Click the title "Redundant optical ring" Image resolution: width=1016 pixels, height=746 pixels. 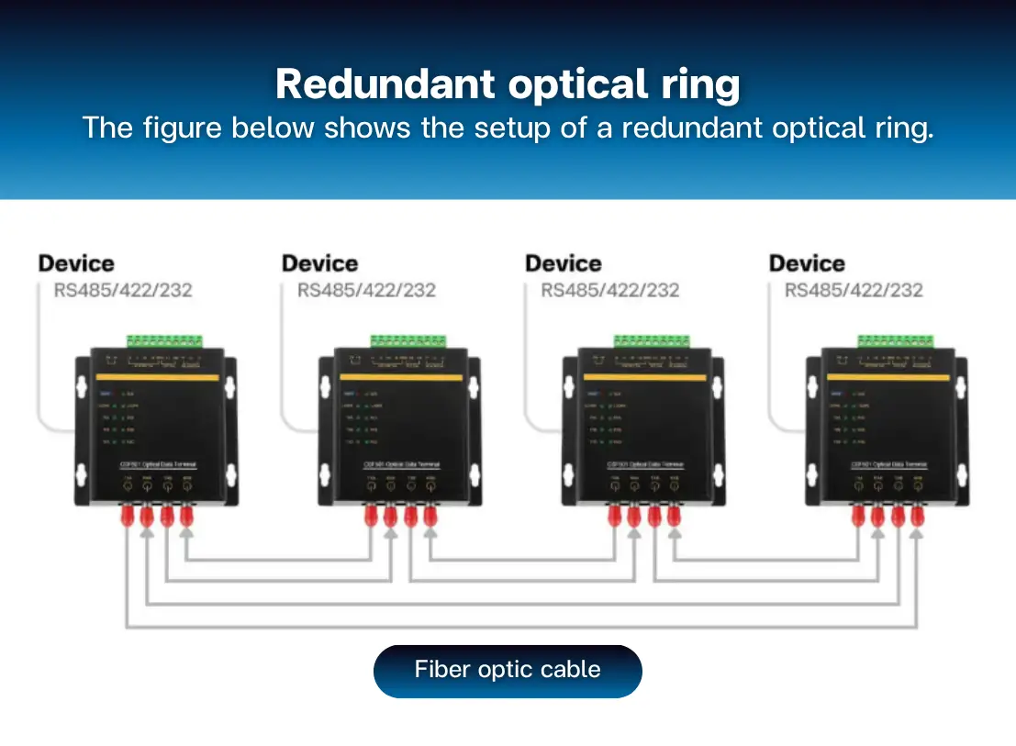[508, 84]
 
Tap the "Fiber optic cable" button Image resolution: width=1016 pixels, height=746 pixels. [508, 670]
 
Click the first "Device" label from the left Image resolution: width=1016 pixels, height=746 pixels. [76, 264]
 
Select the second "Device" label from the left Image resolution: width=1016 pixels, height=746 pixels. [319, 264]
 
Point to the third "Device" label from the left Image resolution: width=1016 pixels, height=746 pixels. [563, 264]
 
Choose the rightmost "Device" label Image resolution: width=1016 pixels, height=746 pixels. [807, 264]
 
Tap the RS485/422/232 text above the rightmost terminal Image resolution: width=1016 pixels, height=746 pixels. [854, 291]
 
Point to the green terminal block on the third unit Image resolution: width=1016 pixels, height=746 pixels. [653, 341]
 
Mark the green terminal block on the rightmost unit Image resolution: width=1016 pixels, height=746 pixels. [897, 341]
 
